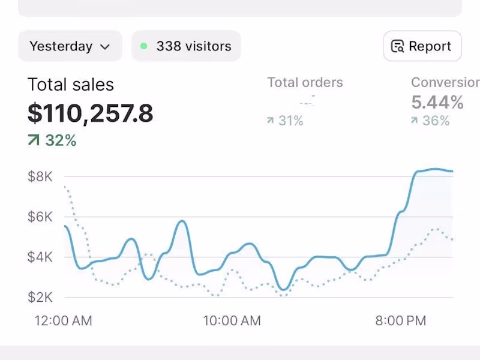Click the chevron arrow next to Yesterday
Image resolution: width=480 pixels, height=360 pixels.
105,47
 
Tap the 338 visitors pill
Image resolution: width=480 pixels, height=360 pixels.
186,46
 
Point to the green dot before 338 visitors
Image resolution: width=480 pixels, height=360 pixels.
143,46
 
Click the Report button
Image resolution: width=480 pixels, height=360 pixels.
422,46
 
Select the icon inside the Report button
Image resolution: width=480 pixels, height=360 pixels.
397,47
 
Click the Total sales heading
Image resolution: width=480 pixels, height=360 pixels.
71,85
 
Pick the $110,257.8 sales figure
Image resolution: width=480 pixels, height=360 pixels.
91,113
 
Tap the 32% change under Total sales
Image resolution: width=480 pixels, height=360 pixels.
61,140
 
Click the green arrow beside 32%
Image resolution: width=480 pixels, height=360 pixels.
34,140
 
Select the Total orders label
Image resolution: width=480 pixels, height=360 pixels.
305,83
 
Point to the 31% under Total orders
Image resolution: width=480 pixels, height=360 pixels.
290,121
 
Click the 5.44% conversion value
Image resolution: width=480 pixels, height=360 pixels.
437,103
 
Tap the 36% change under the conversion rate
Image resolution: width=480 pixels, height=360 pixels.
436,121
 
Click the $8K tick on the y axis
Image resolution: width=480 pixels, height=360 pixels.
41,176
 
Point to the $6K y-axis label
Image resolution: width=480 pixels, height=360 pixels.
41,217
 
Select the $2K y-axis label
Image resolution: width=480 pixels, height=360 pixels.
41,297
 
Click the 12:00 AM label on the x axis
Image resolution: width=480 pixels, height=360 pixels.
63,320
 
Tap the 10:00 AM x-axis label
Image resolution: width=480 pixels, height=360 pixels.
232,320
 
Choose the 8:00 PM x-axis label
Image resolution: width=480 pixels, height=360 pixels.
401,320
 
